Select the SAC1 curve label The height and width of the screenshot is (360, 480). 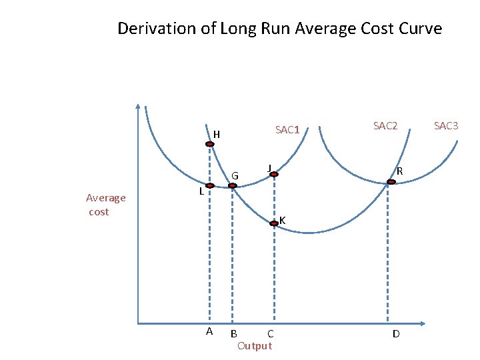click(287, 130)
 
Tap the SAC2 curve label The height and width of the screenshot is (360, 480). click(385, 125)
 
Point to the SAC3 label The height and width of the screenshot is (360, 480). click(446, 125)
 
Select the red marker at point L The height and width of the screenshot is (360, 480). click(209, 186)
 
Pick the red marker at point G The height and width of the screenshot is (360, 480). click(232, 186)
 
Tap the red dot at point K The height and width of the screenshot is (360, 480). click(273, 224)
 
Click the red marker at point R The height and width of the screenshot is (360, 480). click(391, 181)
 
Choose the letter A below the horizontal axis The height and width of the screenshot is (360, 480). click(209, 331)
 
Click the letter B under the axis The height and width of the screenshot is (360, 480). click(233, 333)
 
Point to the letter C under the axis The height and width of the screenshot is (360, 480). click(270, 333)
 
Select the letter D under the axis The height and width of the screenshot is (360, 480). click(396, 333)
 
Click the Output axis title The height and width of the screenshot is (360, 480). click(255, 345)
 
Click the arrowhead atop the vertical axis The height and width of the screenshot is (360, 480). click(137, 105)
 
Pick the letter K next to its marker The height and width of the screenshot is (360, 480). click(283, 221)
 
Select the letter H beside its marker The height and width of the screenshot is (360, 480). click(217, 135)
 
